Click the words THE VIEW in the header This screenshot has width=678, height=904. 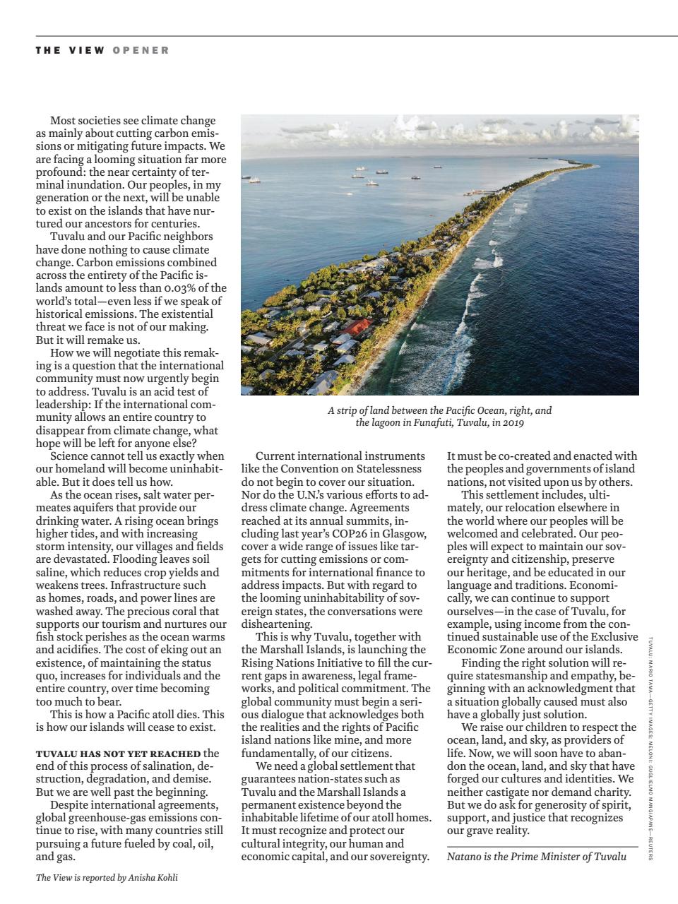point(70,50)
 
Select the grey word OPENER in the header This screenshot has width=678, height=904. point(141,50)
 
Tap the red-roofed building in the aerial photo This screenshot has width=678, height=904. point(357,327)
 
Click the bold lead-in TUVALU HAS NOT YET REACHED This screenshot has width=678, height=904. point(118,754)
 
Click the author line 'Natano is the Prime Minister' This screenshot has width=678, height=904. point(537,857)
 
